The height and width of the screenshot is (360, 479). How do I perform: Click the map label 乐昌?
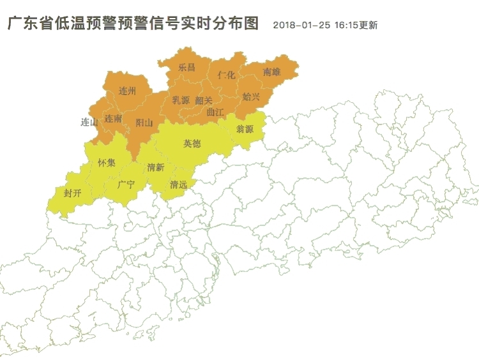[x=186, y=67]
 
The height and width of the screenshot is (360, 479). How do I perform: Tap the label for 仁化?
[x=226, y=75]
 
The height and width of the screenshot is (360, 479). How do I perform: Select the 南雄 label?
[x=271, y=73]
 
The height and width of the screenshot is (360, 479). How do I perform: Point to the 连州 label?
[x=127, y=91]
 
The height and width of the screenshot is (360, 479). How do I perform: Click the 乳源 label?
[x=181, y=100]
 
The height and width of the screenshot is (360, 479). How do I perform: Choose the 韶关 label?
[x=204, y=100]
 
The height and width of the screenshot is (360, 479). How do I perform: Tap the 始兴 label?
[x=251, y=97]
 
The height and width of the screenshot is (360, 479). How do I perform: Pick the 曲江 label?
[x=216, y=112]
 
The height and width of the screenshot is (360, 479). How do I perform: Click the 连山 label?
[x=89, y=122]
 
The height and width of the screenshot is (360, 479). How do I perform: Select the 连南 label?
[x=114, y=119]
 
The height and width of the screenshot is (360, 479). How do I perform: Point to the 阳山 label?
[x=144, y=123]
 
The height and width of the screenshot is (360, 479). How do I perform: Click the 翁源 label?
[x=245, y=129]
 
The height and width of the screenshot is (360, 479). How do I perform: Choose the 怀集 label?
[x=107, y=163]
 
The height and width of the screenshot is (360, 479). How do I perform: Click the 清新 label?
[x=155, y=167]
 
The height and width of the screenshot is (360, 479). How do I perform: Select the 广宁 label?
[x=126, y=185]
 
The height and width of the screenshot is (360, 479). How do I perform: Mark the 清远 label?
[x=178, y=185]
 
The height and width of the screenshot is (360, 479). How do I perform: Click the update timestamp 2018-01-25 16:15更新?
[x=325, y=26]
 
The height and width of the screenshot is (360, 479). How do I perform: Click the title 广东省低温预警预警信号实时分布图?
[x=133, y=24]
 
